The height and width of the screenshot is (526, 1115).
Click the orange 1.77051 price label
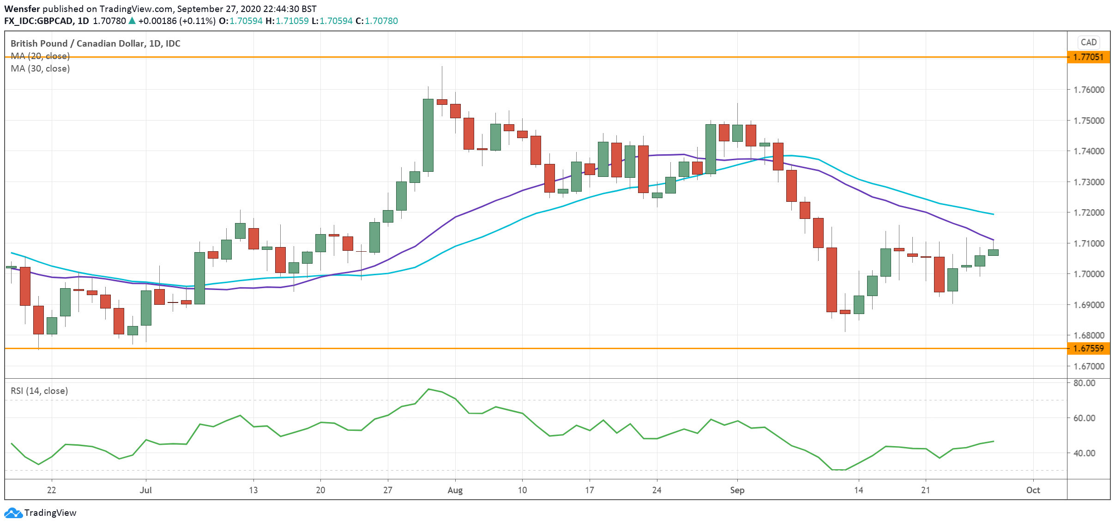point(1088,57)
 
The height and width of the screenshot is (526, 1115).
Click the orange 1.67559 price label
point(1088,349)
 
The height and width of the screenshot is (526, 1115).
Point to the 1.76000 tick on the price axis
point(1089,90)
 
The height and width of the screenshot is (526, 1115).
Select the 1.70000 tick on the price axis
point(1089,274)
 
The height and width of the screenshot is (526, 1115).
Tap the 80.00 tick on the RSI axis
point(1084,383)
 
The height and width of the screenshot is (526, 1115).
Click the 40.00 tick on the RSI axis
point(1084,453)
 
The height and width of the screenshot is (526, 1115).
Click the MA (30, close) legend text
point(40,69)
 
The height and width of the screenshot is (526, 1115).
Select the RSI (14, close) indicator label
point(39,391)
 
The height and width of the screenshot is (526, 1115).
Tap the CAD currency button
point(1088,42)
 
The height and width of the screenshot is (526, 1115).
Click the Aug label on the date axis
point(455,490)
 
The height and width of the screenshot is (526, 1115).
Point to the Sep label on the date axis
point(737,490)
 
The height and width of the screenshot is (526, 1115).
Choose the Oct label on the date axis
point(1033,490)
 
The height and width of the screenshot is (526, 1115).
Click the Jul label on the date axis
point(145,490)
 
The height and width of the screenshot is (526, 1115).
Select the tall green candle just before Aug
point(428,135)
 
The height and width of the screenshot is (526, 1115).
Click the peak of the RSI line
point(428,389)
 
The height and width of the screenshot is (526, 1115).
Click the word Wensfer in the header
point(22,9)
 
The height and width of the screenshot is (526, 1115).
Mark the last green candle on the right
point(993,252)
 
